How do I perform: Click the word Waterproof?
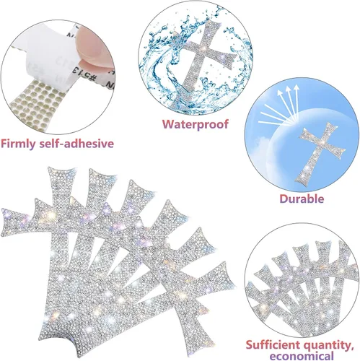click(195, 124)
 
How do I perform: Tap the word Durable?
click(302, 199)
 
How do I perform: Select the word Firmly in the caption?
click(18, 144)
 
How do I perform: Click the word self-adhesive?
click(76, 144)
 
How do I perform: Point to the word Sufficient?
click(273, 345)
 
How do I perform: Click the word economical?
click(302, 356)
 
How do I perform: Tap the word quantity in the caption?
click(328, 346)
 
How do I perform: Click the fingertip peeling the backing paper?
click(94, 45)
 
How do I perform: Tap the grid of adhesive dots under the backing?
click(36, 103)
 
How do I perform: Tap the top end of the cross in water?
click(211, 24)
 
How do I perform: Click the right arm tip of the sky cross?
click(343, 152)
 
